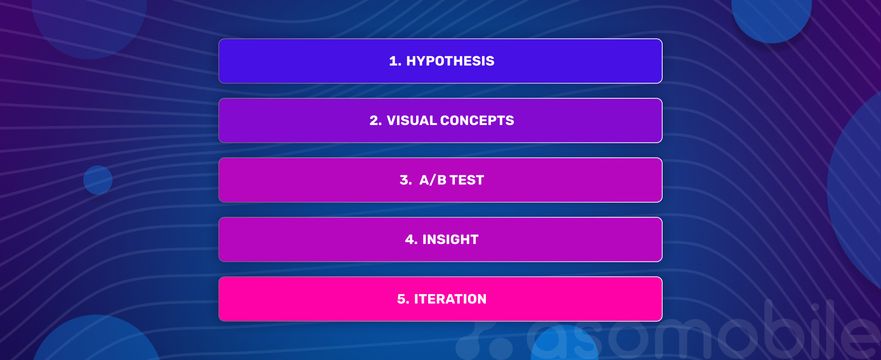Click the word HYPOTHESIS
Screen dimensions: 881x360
(x=450, y=61)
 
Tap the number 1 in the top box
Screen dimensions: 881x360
(x=393, y=61)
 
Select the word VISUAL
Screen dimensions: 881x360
(x=412, y=121)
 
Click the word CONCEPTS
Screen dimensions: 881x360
(x=477, y=121)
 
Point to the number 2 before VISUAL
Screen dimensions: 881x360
(x=374, y=121)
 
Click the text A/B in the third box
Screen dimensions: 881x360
(x=433, y=180)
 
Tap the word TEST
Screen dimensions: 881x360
(x=467, y=180)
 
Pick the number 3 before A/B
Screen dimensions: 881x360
(x=404, y=180)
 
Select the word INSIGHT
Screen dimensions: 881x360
(x=450, y=239)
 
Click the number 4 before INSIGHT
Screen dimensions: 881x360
(x=410, y=239)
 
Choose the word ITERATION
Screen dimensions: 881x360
(x=450, y=299)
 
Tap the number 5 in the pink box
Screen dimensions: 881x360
(x=402, y=299)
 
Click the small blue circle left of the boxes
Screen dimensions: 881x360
(x=98, y=180)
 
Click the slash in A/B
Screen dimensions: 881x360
(x=433, y=180)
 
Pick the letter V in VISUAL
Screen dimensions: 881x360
(x=392, y=121)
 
